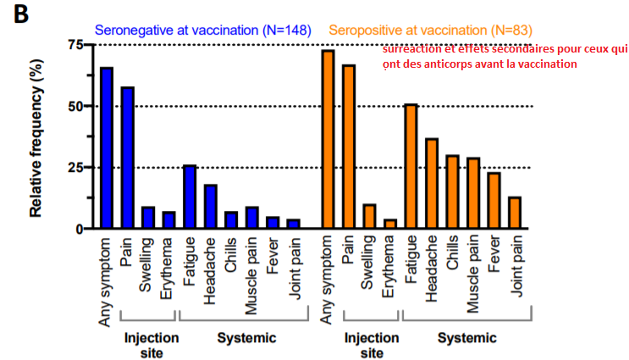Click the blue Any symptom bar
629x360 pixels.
click(x=107, y=148)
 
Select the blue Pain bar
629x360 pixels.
click(x=127, y=158)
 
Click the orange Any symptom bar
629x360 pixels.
click(x=328, y=140)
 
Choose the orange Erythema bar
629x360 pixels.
click(x=389, y=224)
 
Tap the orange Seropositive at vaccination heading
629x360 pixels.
click(x=430, y=29)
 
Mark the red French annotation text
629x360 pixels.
click(x=504, y=57)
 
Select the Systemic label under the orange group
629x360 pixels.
click(x=466, y=338)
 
